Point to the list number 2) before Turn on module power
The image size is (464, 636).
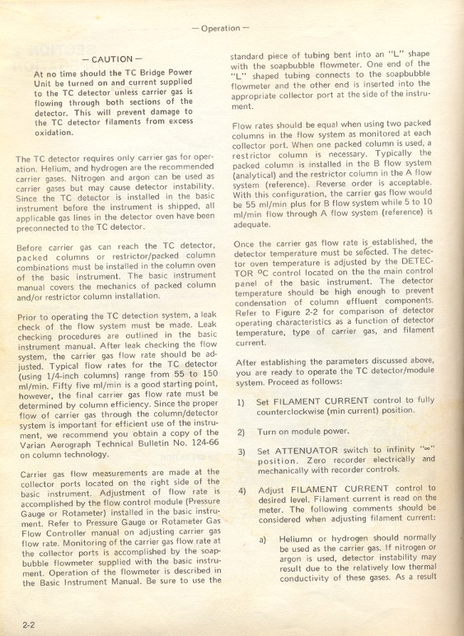pyautogui.click(x=241, y=432)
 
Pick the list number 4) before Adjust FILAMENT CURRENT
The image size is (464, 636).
pyautogui.click(x=241, y=489)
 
